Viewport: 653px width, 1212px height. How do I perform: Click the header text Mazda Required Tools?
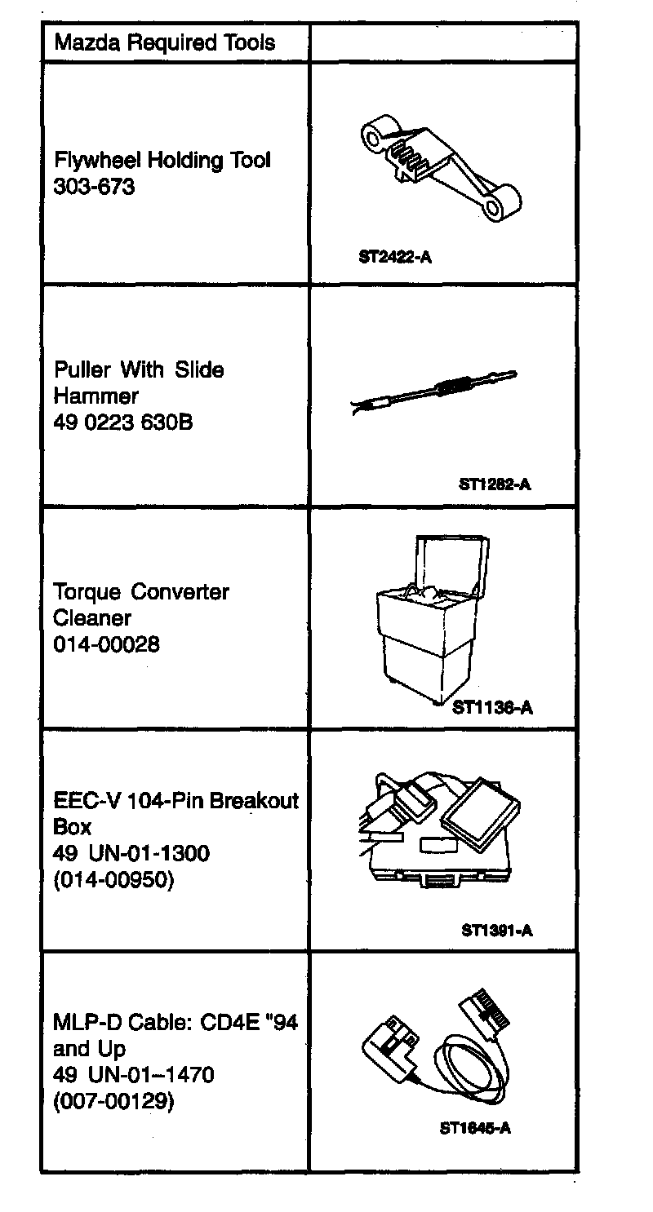[x=164, y=43]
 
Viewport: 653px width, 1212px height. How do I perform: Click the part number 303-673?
[x=94, y=187]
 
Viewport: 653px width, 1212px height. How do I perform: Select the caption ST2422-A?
[x=394, y=258]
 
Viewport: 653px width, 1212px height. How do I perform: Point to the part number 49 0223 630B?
[x=123, y=423]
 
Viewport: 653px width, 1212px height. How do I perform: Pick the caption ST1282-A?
[x=495, y=484]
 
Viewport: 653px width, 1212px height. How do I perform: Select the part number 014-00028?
[x=107, y=644]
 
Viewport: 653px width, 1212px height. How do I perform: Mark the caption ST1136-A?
[x=494, y=707]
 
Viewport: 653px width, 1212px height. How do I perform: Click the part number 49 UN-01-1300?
[x=131, y=854]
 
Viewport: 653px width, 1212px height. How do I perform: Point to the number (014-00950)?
[x=113, y=880]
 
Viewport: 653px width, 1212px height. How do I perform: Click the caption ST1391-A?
[x=496, y=930]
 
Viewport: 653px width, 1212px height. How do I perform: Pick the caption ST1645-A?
[x=475, y=1129]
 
